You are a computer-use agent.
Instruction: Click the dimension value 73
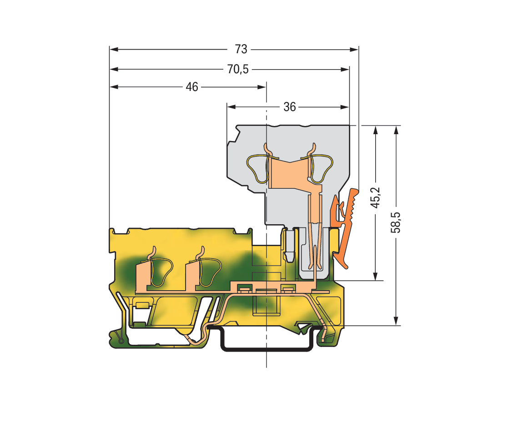point(241,49)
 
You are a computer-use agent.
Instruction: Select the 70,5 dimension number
point(238,70)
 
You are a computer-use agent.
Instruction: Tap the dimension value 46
point(192,87)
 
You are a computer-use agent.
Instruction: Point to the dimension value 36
point(290,107)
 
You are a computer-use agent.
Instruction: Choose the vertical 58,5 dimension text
point(396,222)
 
